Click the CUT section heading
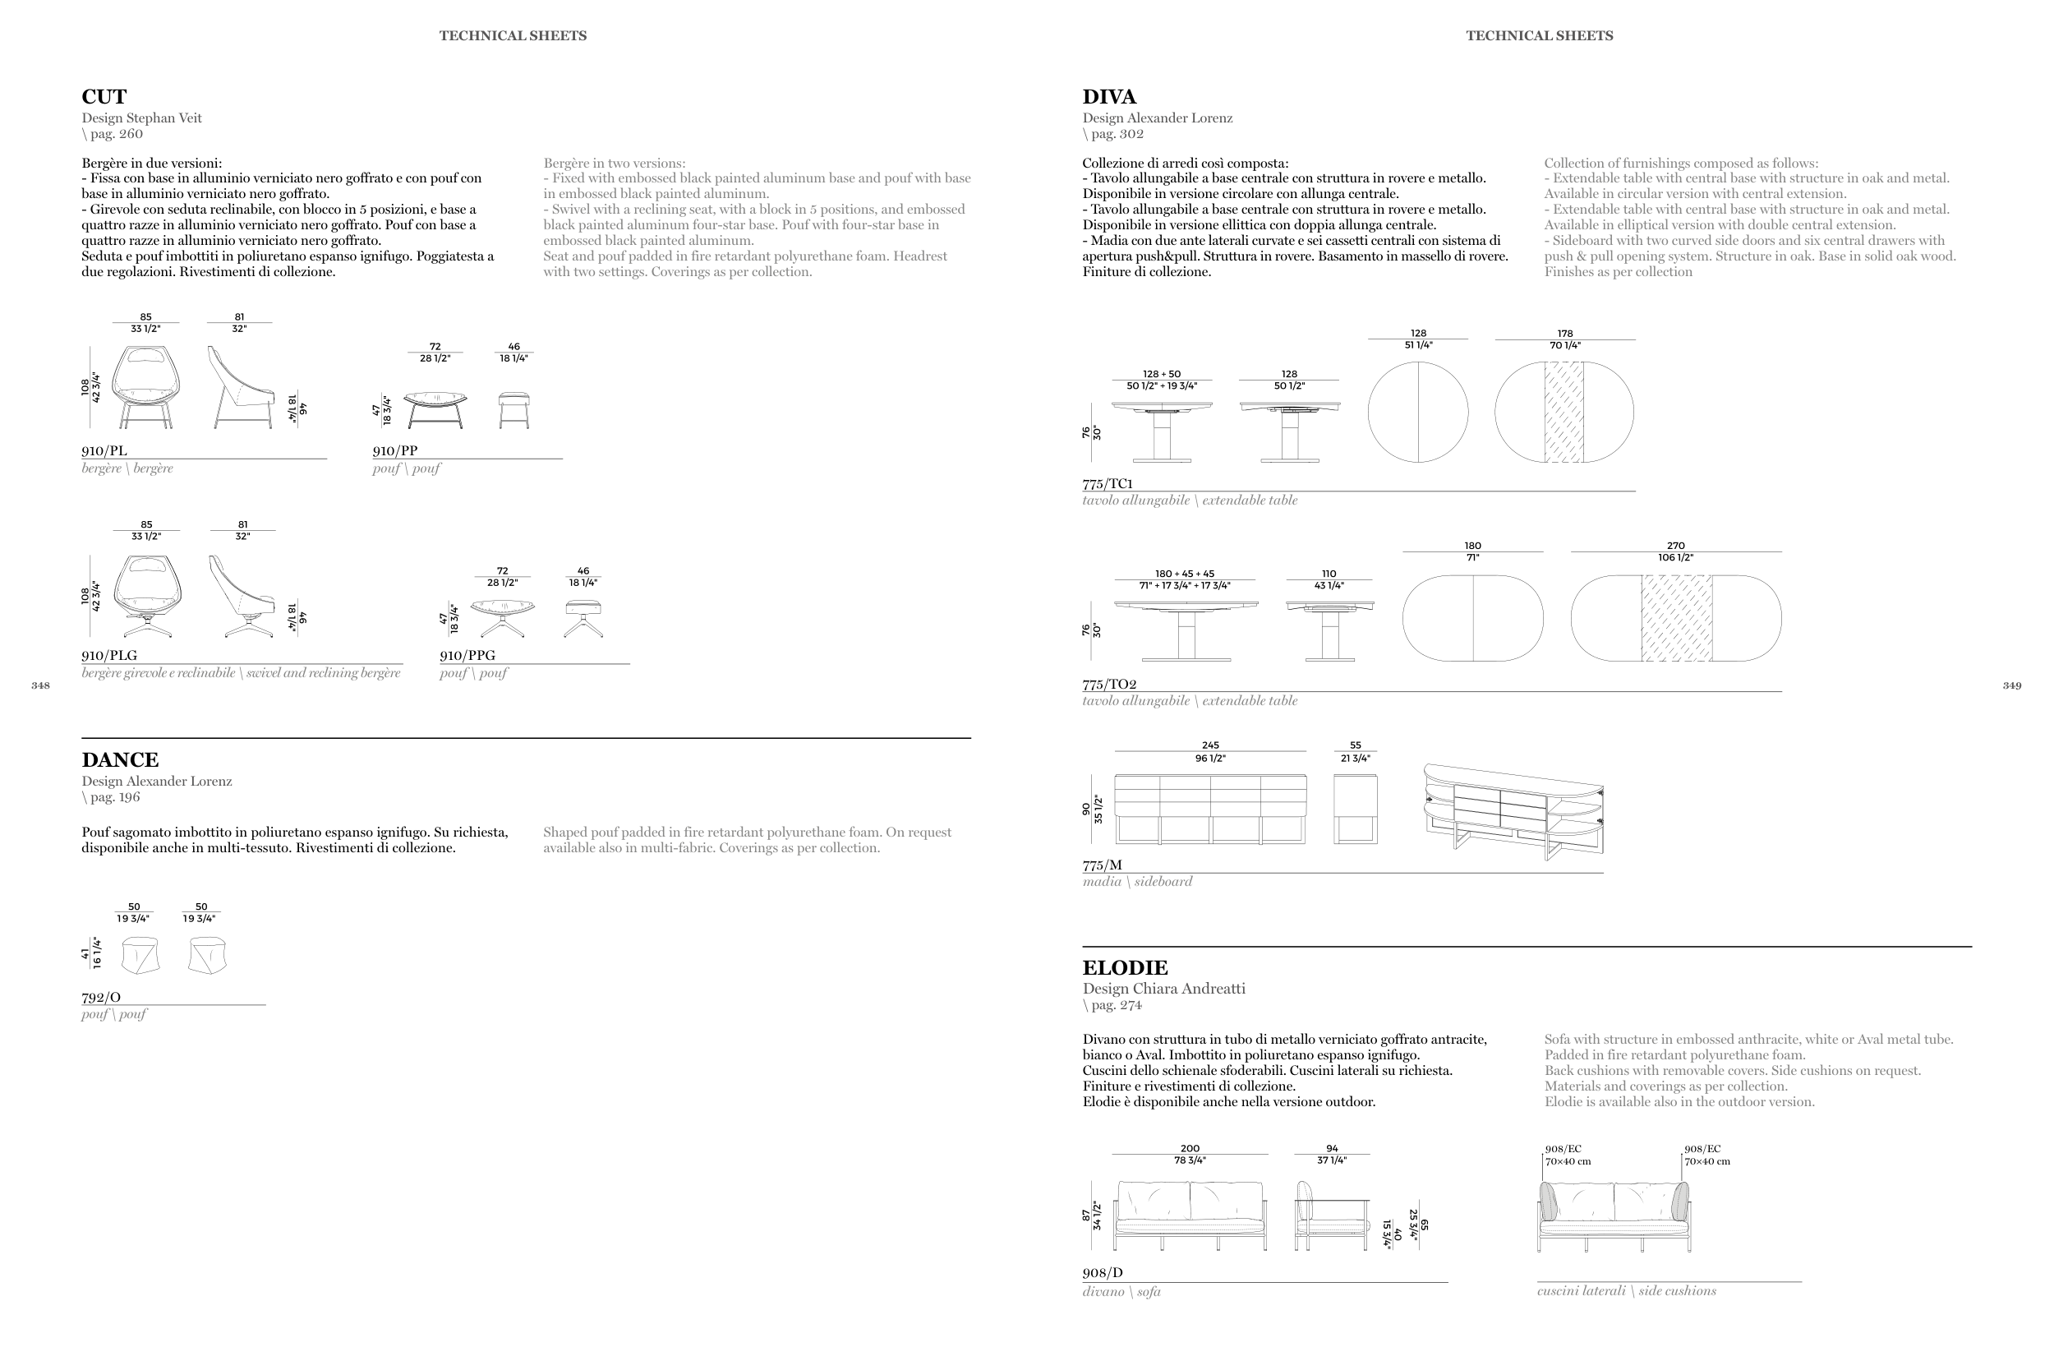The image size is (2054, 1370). pyautogui.click(x=104, y=97)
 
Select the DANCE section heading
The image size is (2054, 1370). pyautogui.click(x=121, y=760)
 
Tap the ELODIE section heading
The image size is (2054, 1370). pyautogui.click(x=1125, y=968)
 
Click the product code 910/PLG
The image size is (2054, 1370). pyautogui.click(x=109, y=655)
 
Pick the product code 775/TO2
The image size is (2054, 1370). pyautogui.click(x=1109, y=684)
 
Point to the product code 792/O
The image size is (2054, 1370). pyautogui.click(x=101, y=997)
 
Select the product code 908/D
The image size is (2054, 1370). pyautogui.click(x=1102, y=1273)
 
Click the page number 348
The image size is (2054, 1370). pyautogui.click(x=40, y=686)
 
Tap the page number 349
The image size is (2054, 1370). pyautogui.click(x=2012, y=686)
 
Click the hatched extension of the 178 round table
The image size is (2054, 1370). pyautogui.click(x=1564, y=413)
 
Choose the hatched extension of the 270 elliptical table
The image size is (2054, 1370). pyautogui.click(x=1676, y=618)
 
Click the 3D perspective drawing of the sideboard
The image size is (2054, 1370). pyautogui.click(x=1513, y=811)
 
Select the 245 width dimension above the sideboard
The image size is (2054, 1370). pyautogui.click(x=1210, y=745)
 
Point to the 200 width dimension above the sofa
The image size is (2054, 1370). pyautogui.click(x=1190, y=1149)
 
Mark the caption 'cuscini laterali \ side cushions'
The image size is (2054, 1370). pyautogui.click(x=1626, y=1291)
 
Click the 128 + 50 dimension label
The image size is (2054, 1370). pyautogui.click(x=1162, y=374)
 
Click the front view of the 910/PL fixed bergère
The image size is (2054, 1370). pyautogui.click(x=146, y=387)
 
